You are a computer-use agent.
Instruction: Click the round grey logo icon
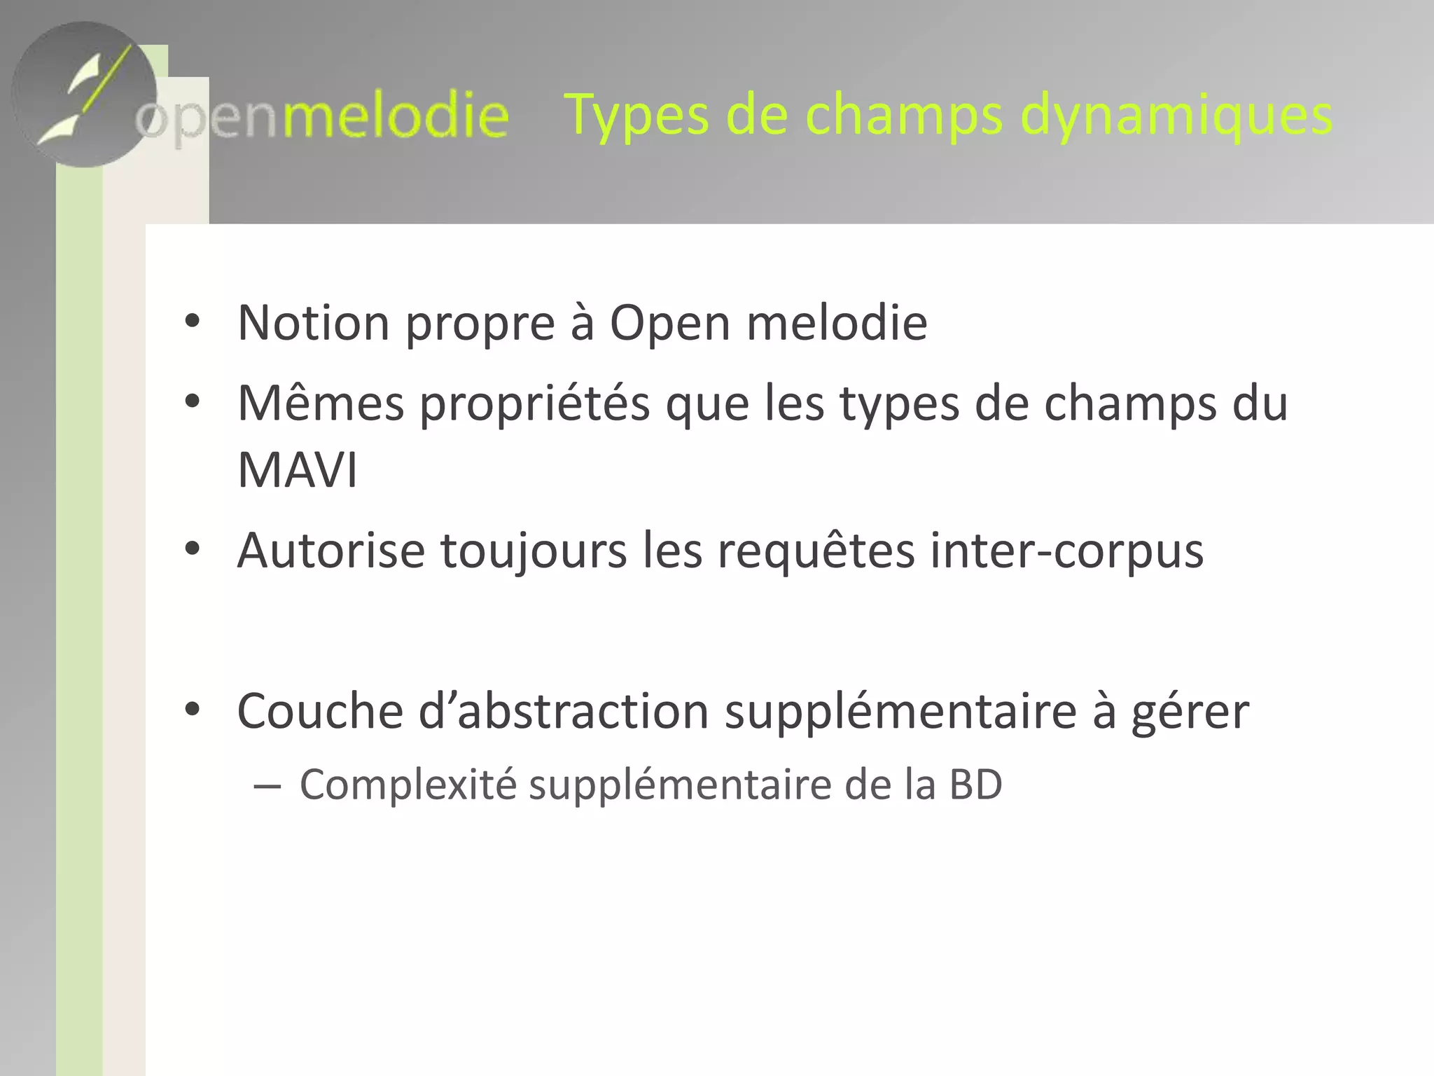[84, 95]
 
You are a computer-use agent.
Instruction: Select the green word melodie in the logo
[395, 116]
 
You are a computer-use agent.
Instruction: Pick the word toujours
[534, 552]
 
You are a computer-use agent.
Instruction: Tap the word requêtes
[816, 552]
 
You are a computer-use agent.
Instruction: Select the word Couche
[320, 711]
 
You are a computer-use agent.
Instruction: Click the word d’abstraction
[564, 711]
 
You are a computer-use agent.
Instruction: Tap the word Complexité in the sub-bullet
[408, 785]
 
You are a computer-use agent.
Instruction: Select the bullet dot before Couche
[192, 710]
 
